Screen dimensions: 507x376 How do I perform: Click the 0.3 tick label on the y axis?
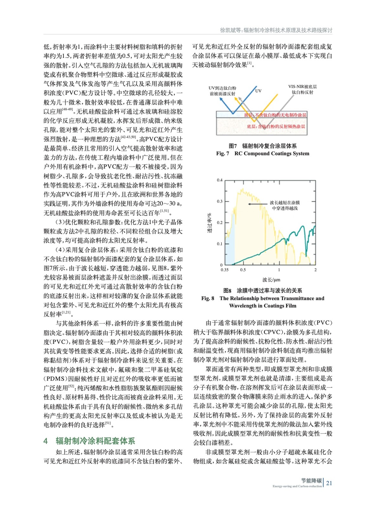pyautogui.click(x=220, y=202)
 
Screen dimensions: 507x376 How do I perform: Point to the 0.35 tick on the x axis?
pyautogui.click(x=224, y=270)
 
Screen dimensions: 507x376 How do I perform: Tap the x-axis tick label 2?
pyautogui.click(x=315, y=270)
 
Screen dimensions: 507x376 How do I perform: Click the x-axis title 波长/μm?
pyautogui.click(x=271, y=280)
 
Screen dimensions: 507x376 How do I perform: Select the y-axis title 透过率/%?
pyautogui.click(x=209, y=223)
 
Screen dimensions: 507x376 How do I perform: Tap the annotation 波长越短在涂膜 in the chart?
pyautogui.click(x=284, y=202)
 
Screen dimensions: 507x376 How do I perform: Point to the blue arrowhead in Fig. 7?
pyautogui.click(x=221, y=98)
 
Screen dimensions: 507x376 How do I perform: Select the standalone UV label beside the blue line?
pyautogui.click(x=258, y=91)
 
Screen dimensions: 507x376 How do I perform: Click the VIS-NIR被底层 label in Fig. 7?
pyautogui.click(x=302, y=87)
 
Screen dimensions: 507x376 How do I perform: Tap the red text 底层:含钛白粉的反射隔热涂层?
pyautogui.click(x=276, y=126)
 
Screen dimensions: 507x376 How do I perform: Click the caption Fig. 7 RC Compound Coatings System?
pyautogui.click(x=263, y=154)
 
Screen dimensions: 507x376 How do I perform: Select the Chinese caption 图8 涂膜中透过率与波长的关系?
pyautogui.click(x=263, y=291)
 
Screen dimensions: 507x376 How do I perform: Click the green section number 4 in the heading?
pyautogui.click(x=46, y=441)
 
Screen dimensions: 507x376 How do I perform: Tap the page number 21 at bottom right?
pyautogui.click(x=329, y=483)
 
